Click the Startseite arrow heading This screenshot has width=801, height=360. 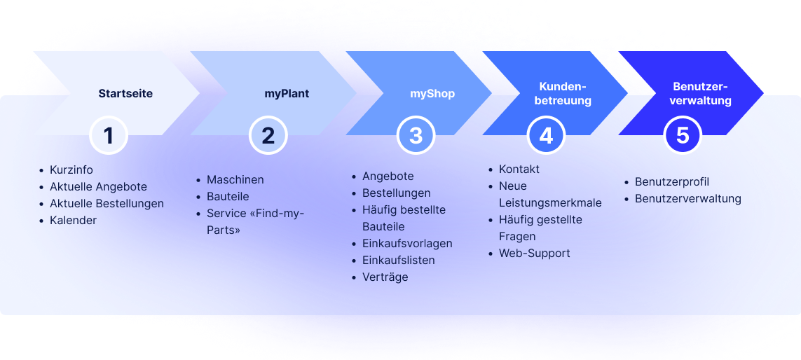tap(125, 94)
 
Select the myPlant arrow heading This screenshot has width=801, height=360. tap(287, 94)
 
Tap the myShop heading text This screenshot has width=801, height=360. tap(432, 94)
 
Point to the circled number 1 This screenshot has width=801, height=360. tap(109, 136)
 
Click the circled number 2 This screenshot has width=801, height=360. tap(268, 136)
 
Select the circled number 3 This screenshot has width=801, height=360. tap(416, 136)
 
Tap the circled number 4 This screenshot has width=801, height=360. tap(546, 136)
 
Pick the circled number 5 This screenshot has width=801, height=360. tap(683, 136)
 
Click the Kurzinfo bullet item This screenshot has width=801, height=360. tap(71, 169)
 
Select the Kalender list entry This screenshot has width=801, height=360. tap(73, 220)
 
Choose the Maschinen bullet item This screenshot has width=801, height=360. tap(235, 180)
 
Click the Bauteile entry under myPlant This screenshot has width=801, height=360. tap(228, 197)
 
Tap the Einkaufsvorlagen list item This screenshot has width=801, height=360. tap(407, 244)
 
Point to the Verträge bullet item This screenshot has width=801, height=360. tap(385, 277)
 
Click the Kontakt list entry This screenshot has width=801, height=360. tap(519, 169)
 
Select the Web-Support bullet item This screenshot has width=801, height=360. tap(534, 254)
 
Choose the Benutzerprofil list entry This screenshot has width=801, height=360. tap(672, 182)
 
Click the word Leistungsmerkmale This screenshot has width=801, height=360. tap(550, 202)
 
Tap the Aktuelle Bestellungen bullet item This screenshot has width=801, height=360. tap(107, 203)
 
